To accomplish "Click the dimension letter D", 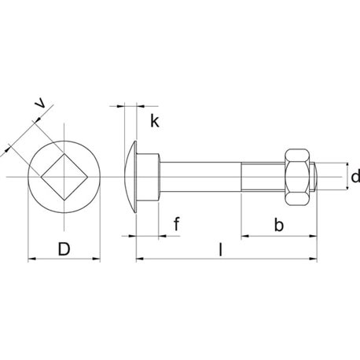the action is (x=64, y=249).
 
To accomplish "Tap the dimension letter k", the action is (x=155, y=121).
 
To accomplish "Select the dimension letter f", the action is (x=177, y=223).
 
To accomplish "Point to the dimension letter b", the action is (x=279, y=225).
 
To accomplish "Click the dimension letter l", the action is (x=221, y=249).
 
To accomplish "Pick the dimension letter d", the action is (x=355, y=176).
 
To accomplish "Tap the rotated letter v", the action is (x=42, y=104).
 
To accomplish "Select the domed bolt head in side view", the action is (x=130, y=177).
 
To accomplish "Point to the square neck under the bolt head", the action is (x=148, y=177).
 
